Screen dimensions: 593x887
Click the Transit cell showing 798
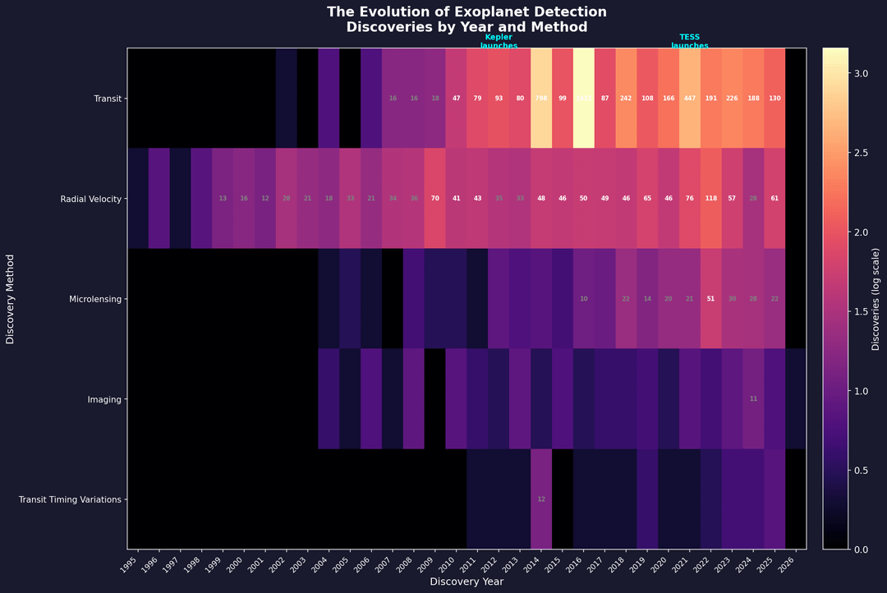541,99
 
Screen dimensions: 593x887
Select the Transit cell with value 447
690,99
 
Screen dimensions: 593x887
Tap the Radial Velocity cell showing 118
711,199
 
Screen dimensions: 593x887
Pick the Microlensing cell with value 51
711,299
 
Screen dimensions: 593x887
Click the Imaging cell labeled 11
754,399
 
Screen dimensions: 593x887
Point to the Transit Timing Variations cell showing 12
541,499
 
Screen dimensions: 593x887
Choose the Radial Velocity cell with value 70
435,199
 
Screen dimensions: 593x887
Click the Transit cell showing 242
626,99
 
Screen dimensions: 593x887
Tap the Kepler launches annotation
499,41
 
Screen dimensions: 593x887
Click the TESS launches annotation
690,41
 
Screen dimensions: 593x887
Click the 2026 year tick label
793,564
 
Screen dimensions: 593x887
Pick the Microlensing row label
97,299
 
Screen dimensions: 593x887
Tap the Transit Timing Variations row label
71,499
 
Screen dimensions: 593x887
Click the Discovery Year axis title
466,582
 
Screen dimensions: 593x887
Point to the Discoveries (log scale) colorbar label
876,299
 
